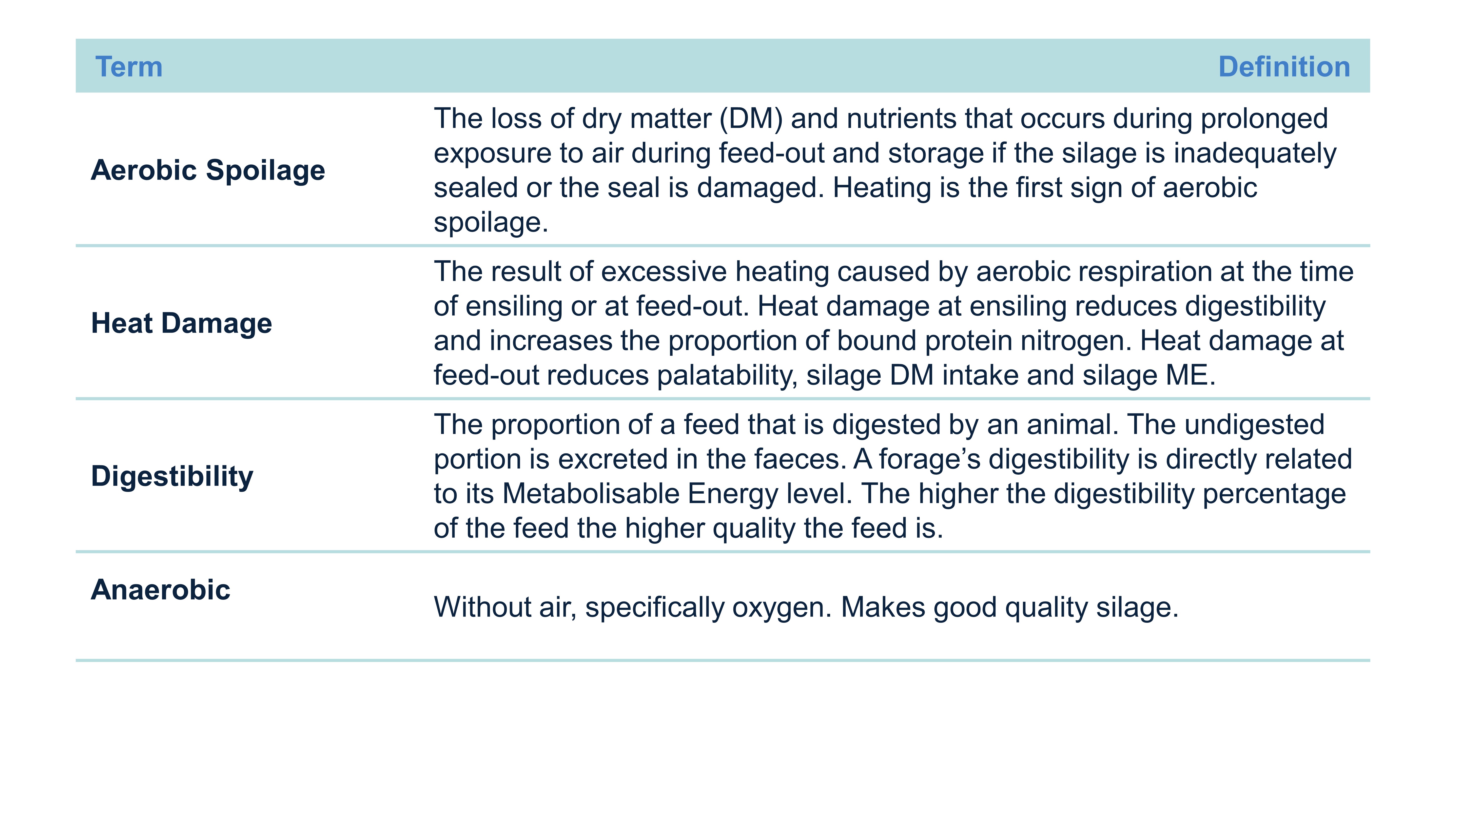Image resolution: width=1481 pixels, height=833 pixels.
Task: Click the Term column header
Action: pos(129,67)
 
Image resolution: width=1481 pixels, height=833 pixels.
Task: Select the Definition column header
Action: pos(1284,67)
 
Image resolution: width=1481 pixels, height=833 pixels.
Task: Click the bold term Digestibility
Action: pos(172,477)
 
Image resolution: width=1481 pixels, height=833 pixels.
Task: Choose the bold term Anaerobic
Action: pos(160,590)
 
